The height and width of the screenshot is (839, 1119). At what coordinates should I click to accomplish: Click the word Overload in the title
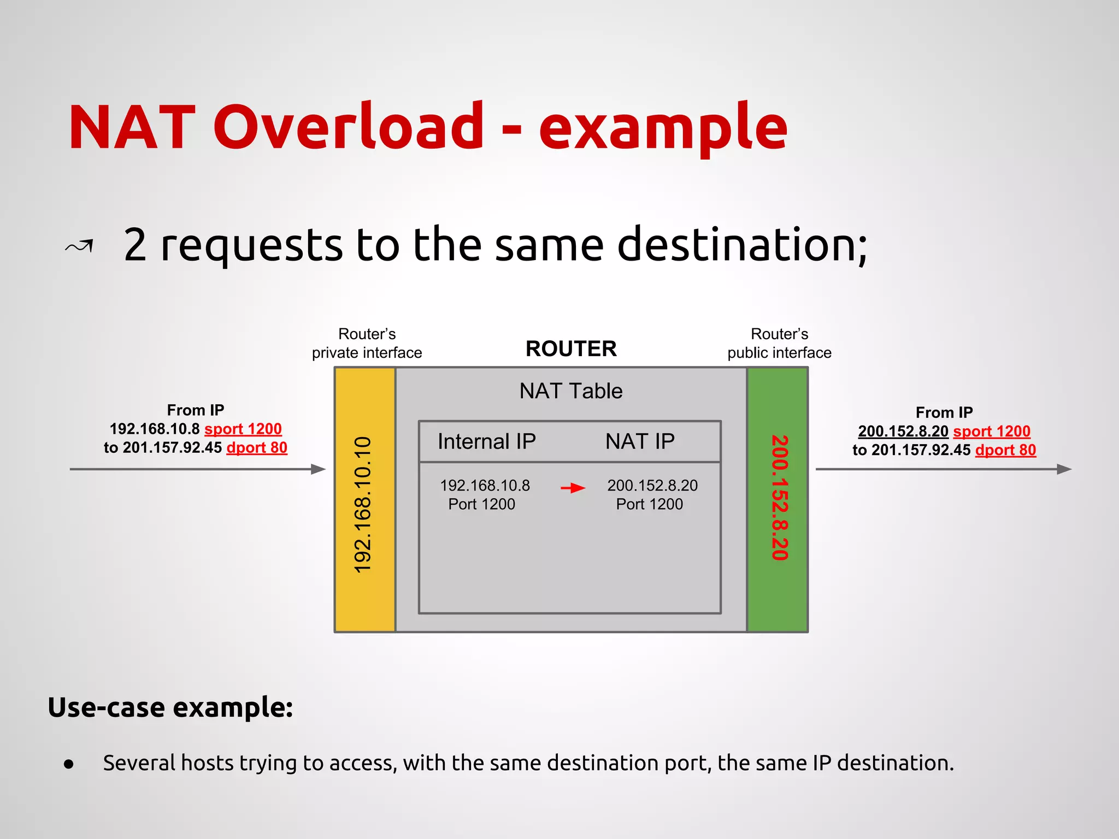coord(348,127)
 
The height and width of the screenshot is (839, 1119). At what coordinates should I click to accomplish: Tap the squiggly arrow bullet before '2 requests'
coord(80,246)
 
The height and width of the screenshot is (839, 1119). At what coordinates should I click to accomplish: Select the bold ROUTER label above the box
coord(571,348)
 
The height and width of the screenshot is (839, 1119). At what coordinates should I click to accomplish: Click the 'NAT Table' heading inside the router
coord(570,391)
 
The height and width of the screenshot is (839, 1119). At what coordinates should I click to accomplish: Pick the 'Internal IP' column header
coord(486,441)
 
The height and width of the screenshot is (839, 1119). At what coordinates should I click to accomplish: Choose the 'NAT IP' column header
coord(640,441)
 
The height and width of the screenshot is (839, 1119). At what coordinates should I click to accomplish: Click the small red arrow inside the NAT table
coord(573,488)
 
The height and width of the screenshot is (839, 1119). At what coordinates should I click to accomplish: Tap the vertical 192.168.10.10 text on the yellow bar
coord(363,505)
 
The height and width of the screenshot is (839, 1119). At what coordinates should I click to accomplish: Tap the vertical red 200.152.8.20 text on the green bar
coord(779,498)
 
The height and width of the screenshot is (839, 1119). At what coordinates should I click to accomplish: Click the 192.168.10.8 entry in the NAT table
coord(485,486)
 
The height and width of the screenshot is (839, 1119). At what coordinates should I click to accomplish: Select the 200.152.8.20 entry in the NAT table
coord(652,486)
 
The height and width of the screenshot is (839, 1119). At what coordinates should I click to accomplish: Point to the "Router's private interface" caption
coord(367,344)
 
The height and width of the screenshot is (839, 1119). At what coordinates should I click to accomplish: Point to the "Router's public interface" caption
coord(779,344)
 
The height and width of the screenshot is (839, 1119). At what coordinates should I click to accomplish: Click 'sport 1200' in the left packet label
coord(243,429)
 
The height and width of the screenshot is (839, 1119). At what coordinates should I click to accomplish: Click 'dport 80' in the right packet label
coord(1005,450)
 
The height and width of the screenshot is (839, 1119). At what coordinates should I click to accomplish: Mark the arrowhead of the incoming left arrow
coord(319,469)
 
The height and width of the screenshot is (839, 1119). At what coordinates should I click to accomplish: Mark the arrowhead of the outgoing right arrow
coord(1064,469)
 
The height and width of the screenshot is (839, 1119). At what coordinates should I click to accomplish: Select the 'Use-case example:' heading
coord(170,707)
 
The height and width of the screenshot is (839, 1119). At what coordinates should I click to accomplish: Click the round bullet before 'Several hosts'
coord(68,764)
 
